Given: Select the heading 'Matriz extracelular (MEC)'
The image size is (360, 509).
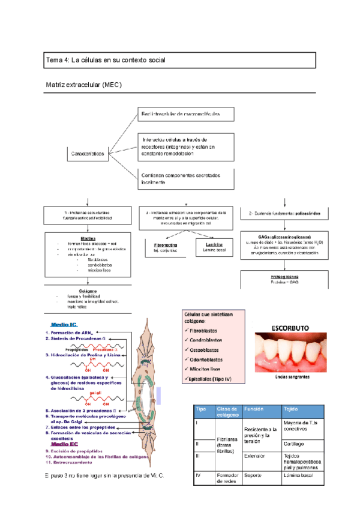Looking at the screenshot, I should [84, 85].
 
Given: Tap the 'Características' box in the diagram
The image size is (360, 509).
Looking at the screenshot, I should [88, 154].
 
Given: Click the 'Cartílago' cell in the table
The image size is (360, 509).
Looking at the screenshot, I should [296, 444].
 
